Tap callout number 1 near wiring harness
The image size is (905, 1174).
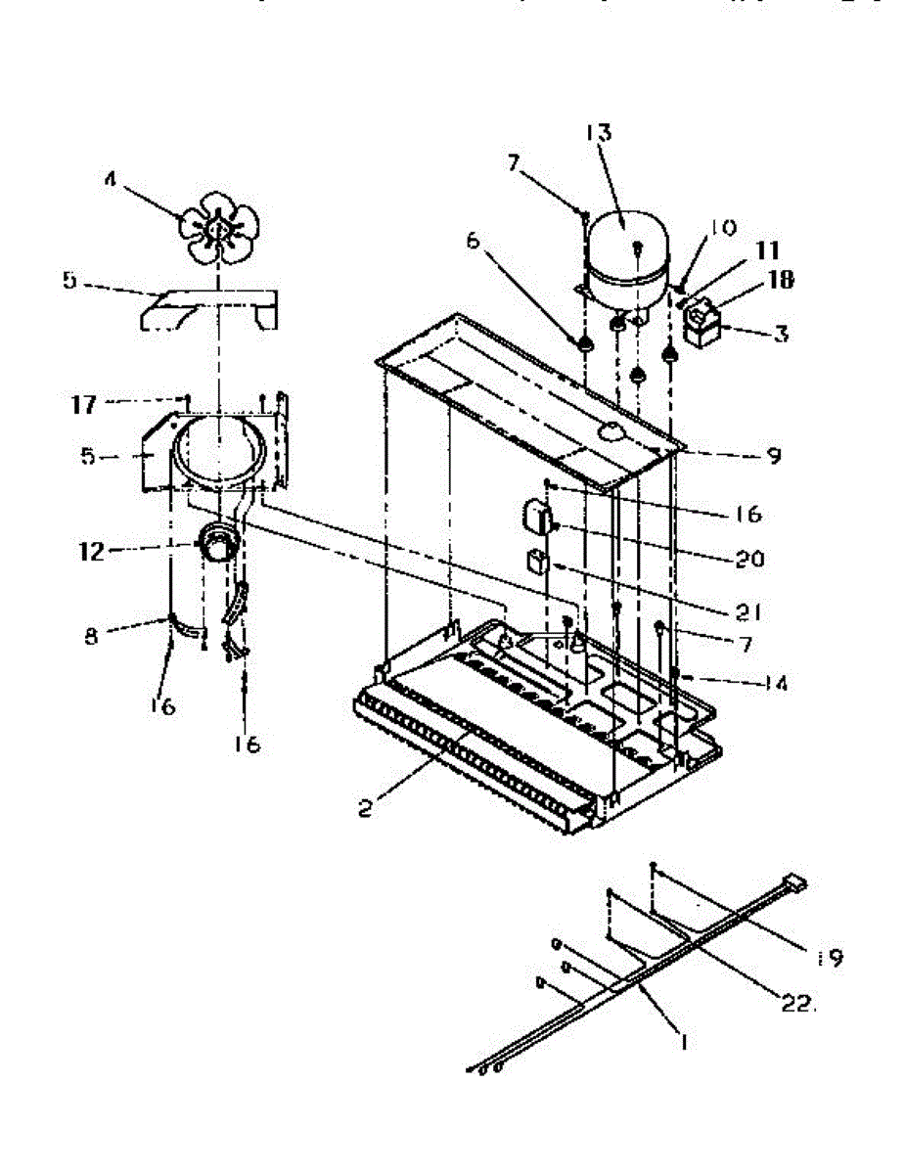682,1044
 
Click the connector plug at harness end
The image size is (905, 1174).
795,884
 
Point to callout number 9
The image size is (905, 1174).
774,456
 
